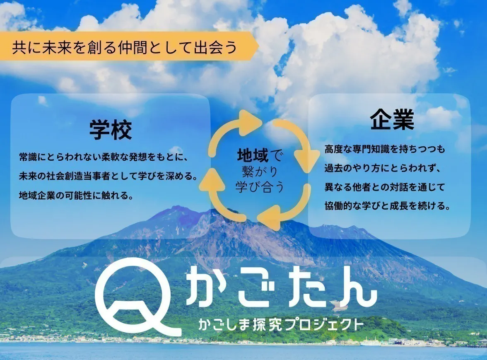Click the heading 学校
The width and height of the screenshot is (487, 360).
coord(111,130)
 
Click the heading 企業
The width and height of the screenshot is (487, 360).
coord(392,119)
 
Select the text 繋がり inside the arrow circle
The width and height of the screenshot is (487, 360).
coord(260,171)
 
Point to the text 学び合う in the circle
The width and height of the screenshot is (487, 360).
coord(260,186)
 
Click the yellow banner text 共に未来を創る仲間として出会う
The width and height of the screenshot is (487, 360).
coord(124,46)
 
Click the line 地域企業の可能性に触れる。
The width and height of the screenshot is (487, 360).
coord(76,195)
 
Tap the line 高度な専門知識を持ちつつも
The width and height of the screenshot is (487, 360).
coord(385,149)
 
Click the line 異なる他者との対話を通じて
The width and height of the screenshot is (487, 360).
coord(385,187)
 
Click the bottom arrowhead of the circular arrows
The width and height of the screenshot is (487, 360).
coord(267,220)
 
